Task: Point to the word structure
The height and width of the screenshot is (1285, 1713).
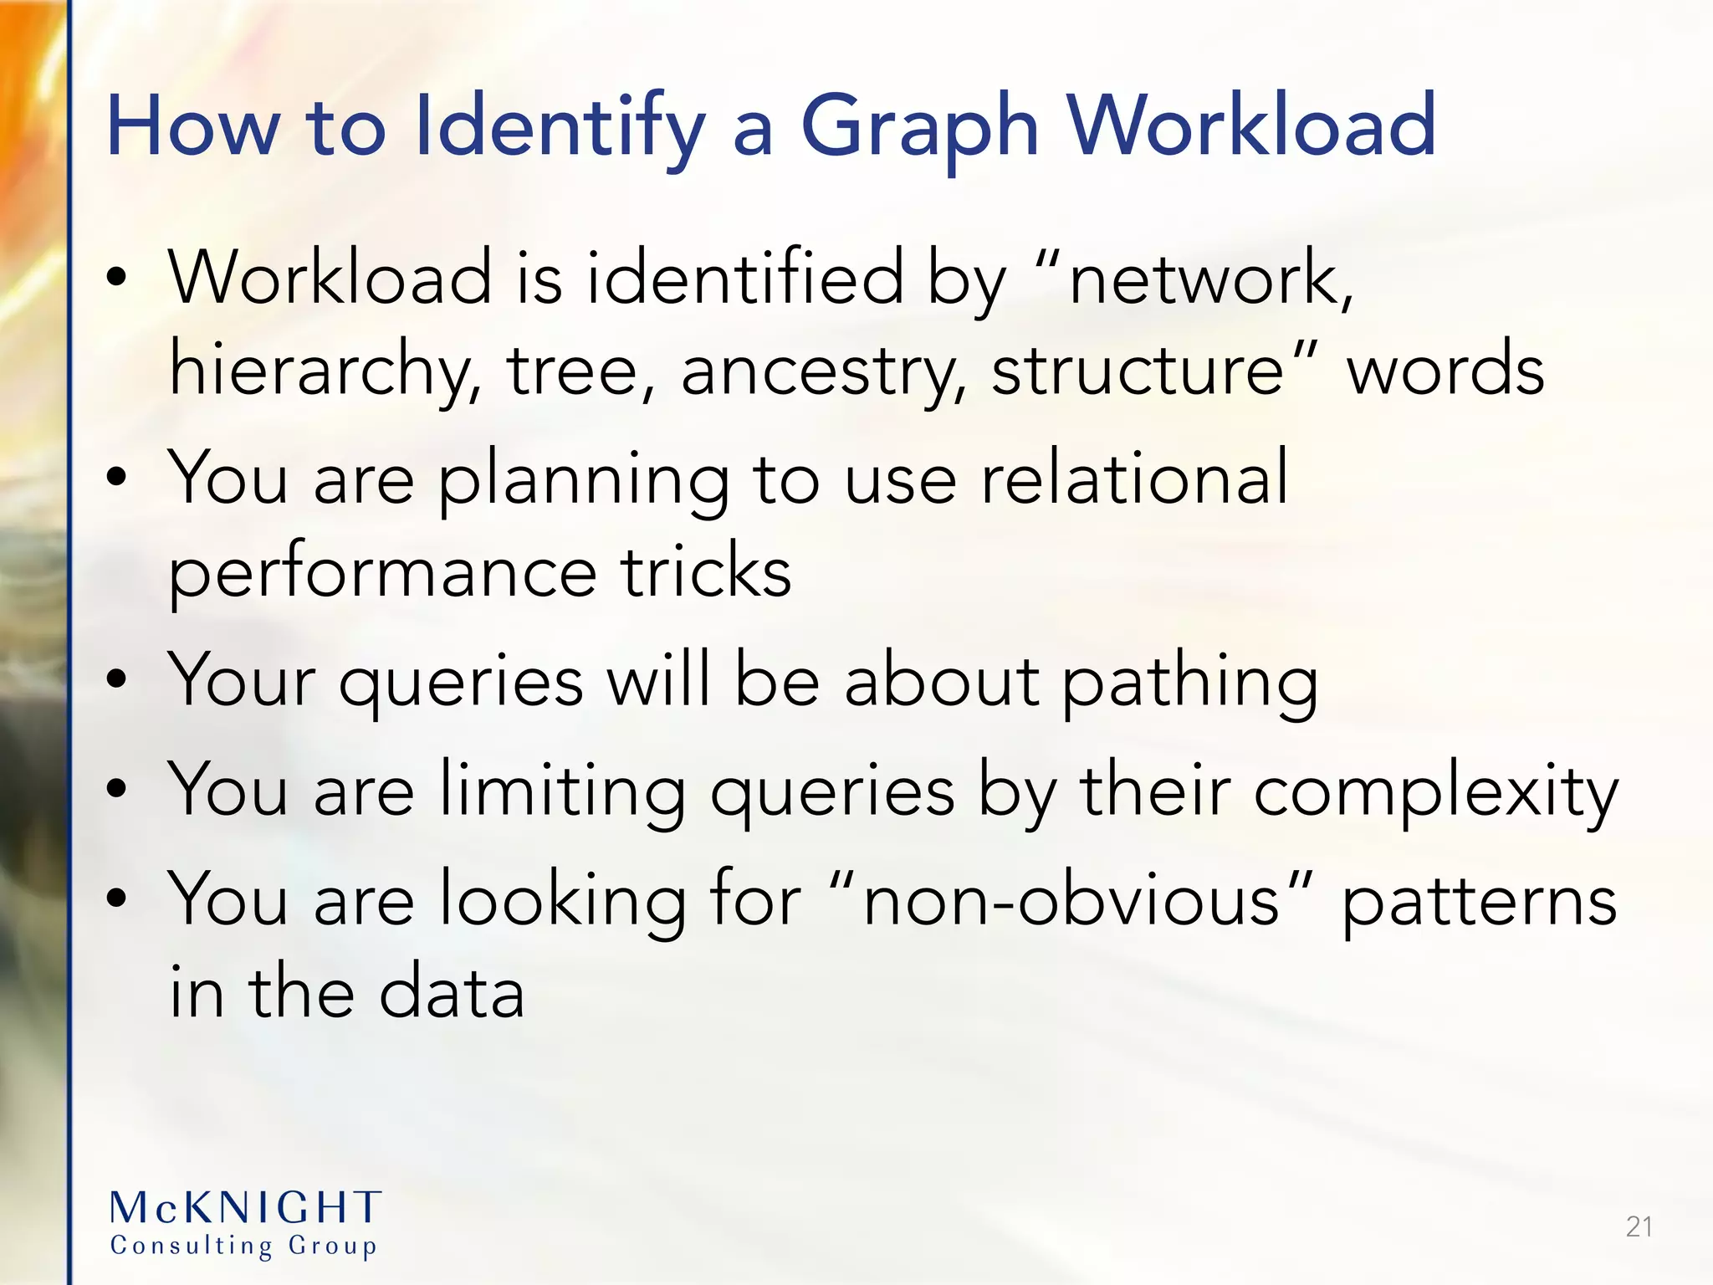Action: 1138,370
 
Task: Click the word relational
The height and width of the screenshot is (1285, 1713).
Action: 1133,479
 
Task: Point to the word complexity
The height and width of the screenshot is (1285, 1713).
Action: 1435,791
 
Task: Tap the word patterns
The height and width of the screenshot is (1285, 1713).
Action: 1479,900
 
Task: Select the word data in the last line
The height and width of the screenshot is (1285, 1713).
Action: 452,992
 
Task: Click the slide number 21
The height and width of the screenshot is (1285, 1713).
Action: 1639,1226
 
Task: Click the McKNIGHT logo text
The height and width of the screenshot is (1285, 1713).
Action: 245,1208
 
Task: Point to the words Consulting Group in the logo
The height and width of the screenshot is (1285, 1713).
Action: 243,1246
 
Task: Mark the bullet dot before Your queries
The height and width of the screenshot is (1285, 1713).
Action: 117,679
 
